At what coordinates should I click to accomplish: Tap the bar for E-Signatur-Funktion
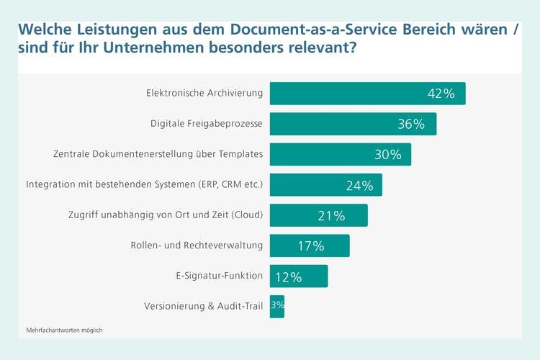coord(299,276)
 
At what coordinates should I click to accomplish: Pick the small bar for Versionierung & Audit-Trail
coord(277,307)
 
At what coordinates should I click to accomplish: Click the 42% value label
coord(440,94)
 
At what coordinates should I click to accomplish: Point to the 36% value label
coord(411,124)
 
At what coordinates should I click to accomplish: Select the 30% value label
coord(387,155)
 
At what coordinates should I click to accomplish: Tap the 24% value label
coord(359,185)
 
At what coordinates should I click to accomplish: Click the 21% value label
coord(331,215)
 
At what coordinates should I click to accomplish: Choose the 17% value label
coord(311,246)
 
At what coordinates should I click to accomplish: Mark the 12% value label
coord(287,276)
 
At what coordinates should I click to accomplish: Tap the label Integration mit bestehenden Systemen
coord(144,185)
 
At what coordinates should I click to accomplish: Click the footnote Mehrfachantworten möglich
coord(64,330)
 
